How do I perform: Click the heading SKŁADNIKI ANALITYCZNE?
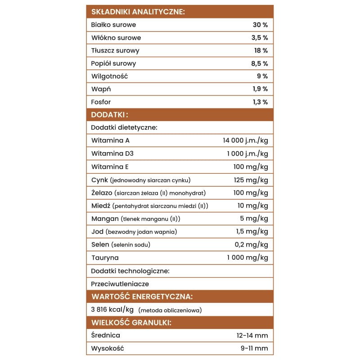tap(138, 12)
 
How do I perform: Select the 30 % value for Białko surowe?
tap(260, 25)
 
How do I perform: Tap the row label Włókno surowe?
tap(116, 38)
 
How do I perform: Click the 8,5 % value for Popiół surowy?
tap(259, 63)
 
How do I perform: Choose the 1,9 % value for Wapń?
tap(260, 89)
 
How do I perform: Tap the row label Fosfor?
tap(101, 102)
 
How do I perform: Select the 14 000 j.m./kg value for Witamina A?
tap(245, 140)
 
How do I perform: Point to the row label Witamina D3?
tap(112, 153)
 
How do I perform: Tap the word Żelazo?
tap(101, 193)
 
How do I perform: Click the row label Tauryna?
tap(105, 258)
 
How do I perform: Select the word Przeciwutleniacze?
tap(120, 284)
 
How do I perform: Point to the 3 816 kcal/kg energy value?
tap(112, 310)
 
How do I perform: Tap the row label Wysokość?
tap(107, 348)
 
